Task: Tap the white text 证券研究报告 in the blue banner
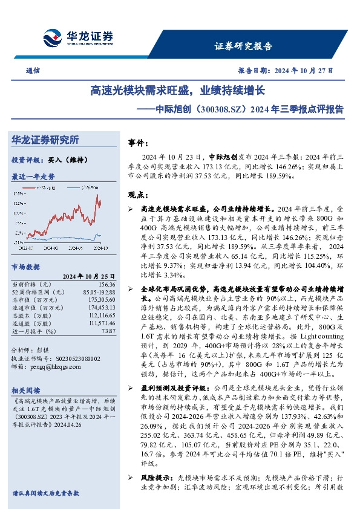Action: pos(244,46)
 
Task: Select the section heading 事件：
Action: pos(139,144)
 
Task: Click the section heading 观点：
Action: pos(139,195)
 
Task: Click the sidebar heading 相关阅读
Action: pos(26,391)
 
